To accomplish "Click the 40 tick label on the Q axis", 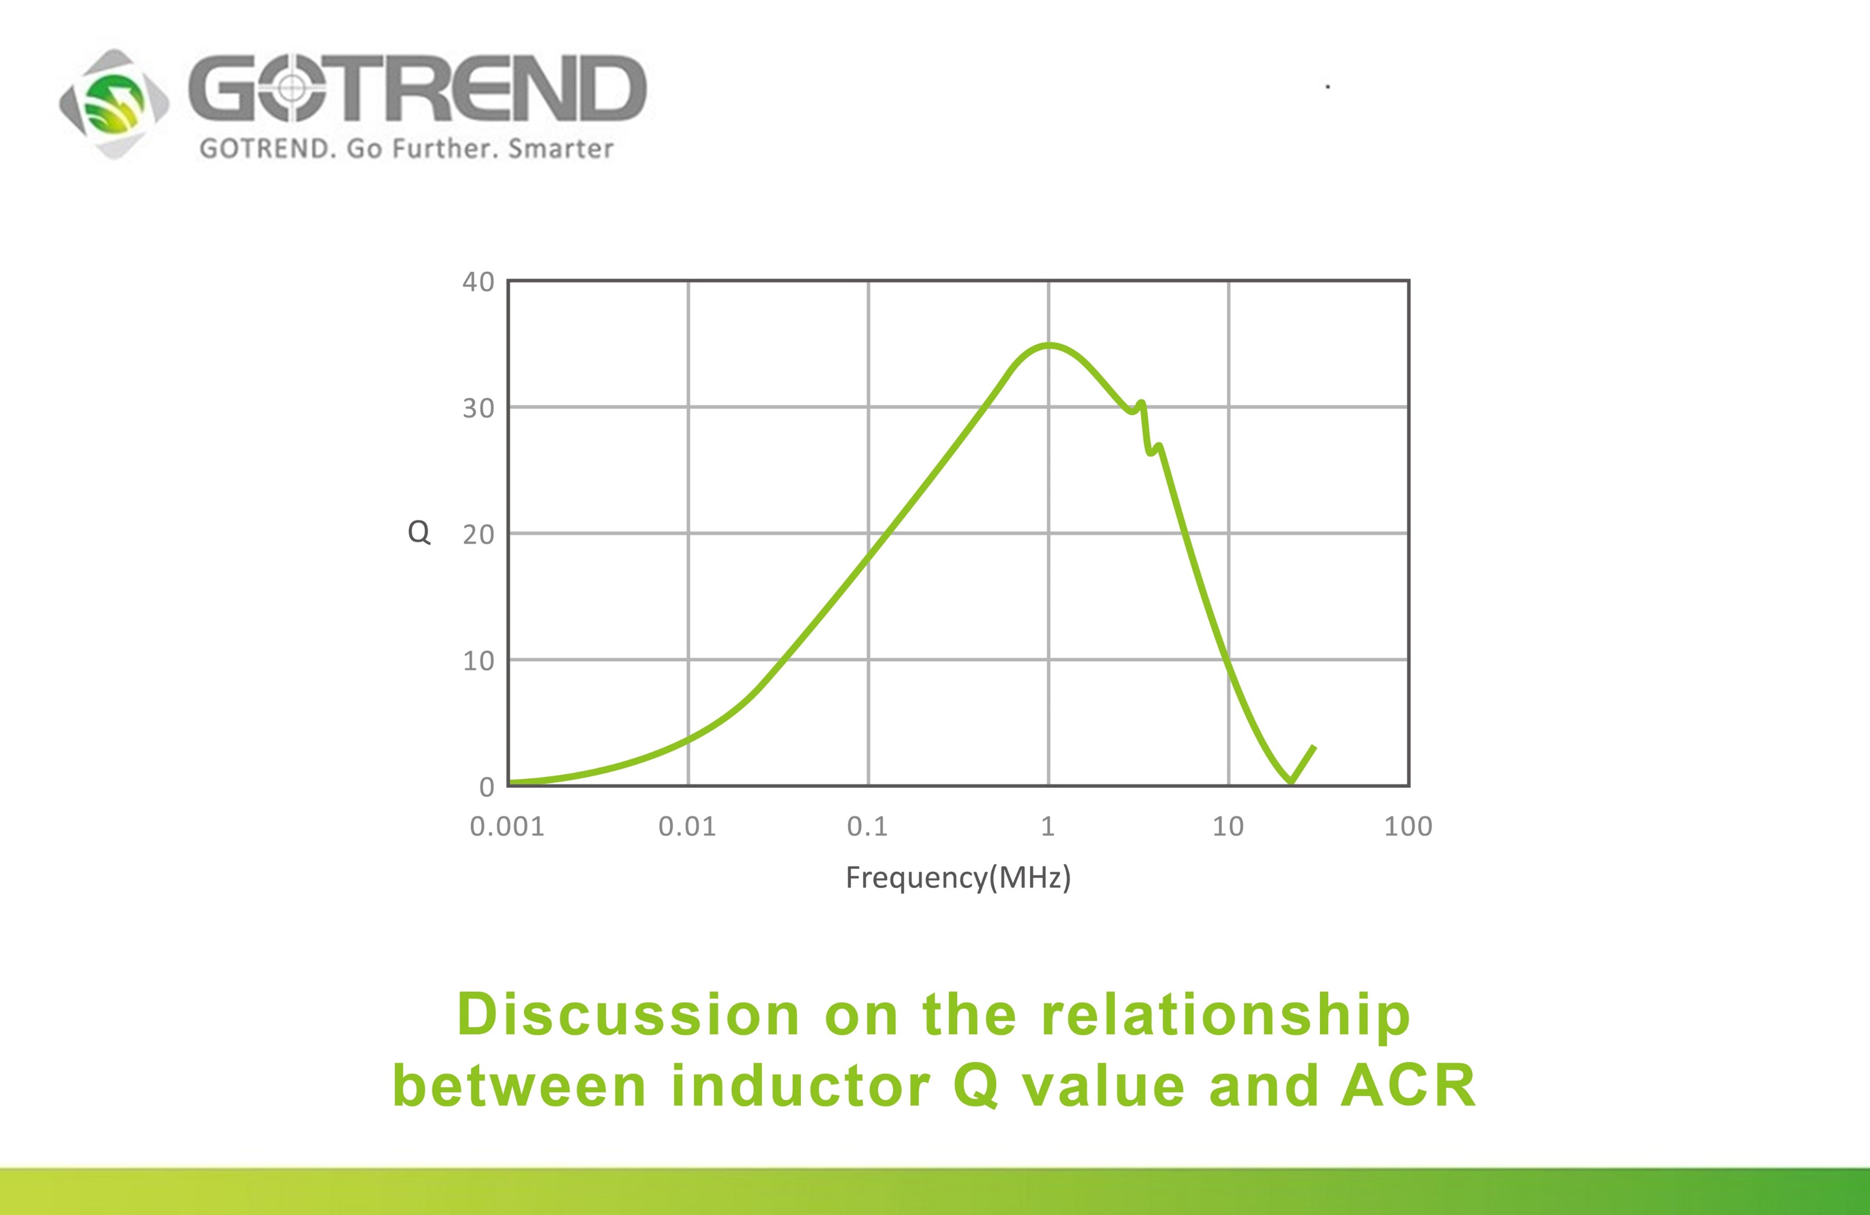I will click(x=478, y=282).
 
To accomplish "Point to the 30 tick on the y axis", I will click(x=478, y=408).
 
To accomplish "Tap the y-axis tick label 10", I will click(x=478, y=661).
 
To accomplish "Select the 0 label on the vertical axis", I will click(x=486, y=787).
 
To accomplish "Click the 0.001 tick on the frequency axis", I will click(x=507, y=826).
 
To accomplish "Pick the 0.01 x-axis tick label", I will click(x=687, y=826).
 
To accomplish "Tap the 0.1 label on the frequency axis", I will click(x=867, y=826).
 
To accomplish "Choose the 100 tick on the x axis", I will click(x=1408, y=826).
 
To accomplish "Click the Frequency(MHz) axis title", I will click(x=958, y=877).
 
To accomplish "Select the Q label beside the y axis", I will click(x=419, y=533).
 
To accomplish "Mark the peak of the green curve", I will click(x=1048, y=345).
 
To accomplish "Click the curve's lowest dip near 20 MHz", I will click(x=1290, y=781).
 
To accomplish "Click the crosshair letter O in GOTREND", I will click(x=291, y=88).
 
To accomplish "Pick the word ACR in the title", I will click(x=1408, y=1086).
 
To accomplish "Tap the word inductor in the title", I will click(x=800, y=1086).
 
